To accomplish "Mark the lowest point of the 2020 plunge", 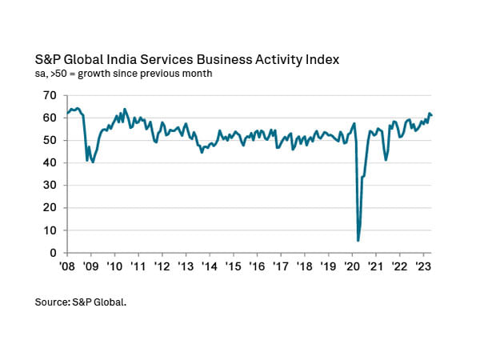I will tap(358, 240).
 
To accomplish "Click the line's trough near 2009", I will tap(93, 162).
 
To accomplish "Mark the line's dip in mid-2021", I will tap(386, 160).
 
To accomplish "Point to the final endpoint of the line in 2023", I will tap(432, 115).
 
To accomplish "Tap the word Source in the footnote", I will tap(52, 302).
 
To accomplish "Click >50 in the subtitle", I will tap(58, 74).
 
